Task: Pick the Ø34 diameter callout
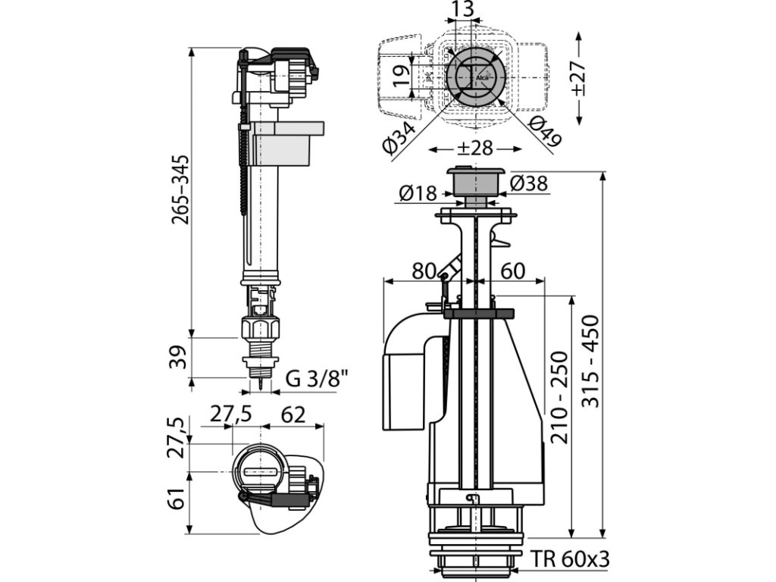pos(400,139)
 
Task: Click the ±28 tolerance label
pos(475,149)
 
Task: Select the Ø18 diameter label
pos(418,193)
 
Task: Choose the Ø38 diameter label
pos(528,183)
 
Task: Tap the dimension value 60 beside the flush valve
pos(513,271)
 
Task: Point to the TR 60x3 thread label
pos(570,559)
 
